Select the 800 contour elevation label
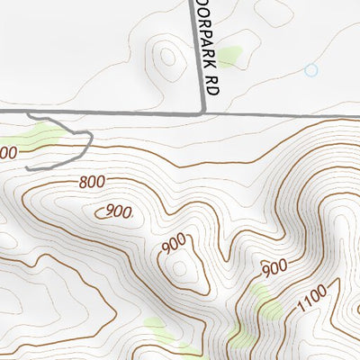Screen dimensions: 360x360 pos(92,183)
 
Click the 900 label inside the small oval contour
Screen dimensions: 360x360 pos(119,211)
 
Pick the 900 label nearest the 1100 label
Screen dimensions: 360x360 pos(274,267)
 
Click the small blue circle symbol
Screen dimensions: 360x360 pos(311,69)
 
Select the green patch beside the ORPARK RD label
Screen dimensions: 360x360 pos(229,57)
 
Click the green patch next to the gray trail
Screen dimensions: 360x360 pos(40,137)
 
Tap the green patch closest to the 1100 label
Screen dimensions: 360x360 pos(265,303)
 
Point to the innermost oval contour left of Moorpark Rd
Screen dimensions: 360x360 pos(166,58)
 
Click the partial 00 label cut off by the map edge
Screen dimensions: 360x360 pos(7,153)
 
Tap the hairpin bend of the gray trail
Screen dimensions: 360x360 pos(90,137)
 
